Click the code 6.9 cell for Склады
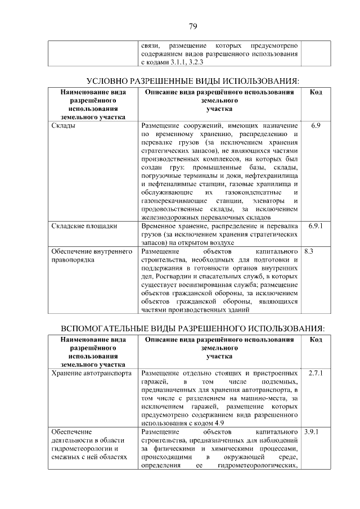316,125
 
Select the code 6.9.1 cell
316,226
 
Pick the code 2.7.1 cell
316,373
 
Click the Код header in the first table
316,92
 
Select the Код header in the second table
316,339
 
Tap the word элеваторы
268,201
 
